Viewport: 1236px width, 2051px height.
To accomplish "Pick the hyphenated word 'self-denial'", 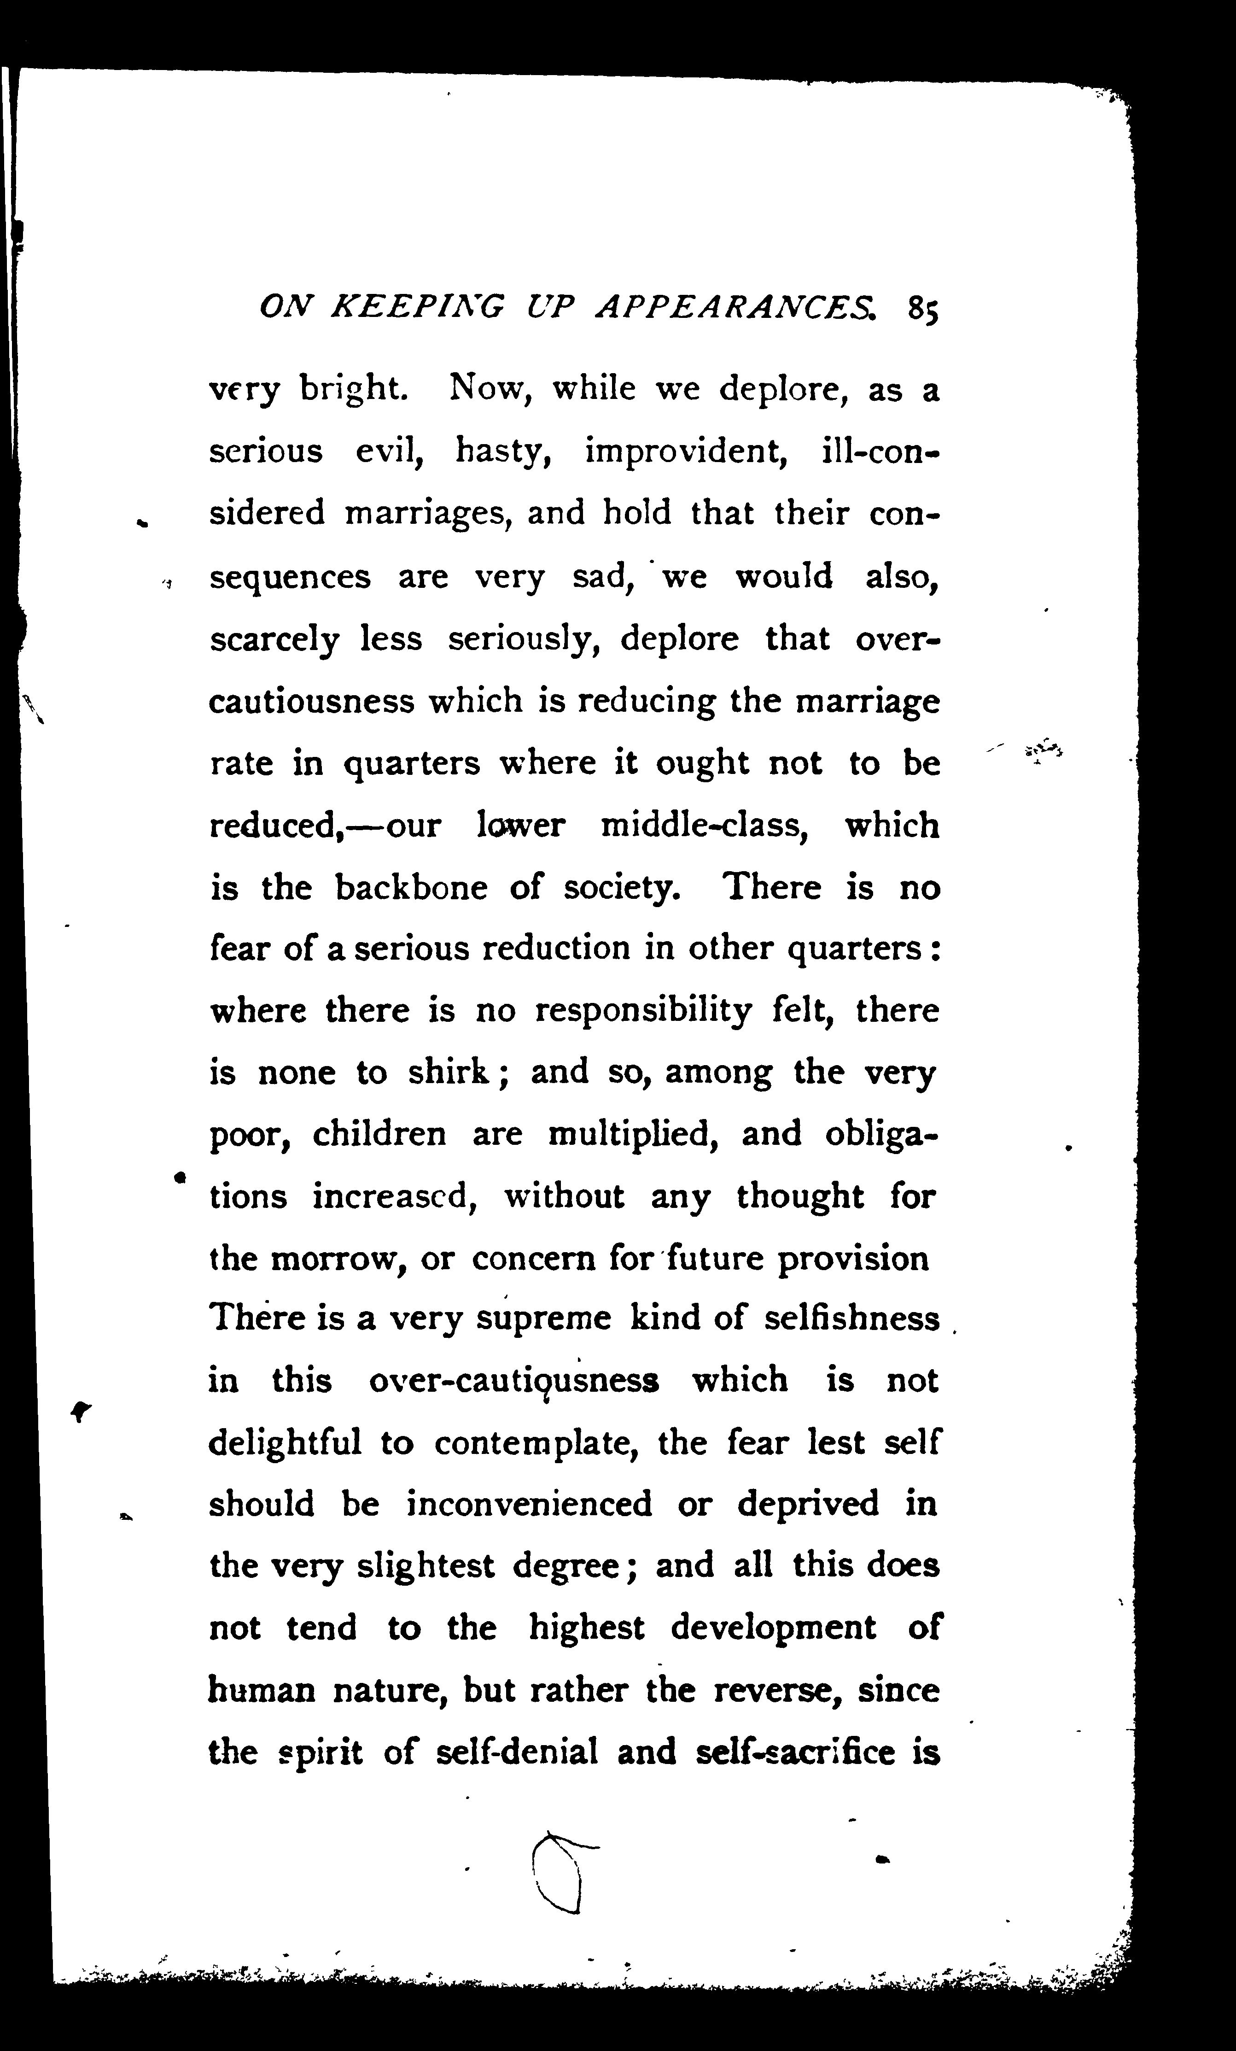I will (x=517, y=1752).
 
